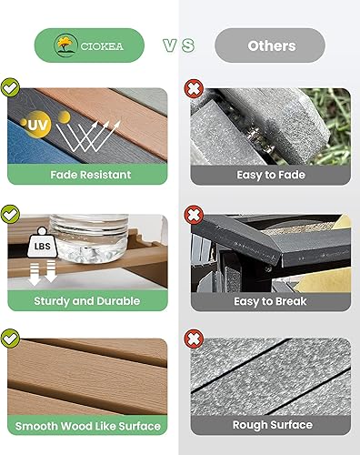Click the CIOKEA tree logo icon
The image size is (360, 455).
(x=64, y=45)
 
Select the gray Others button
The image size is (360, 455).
(x=270, y=45)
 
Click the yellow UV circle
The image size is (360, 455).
(x=36, y=125)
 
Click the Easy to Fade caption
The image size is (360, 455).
(x=270, y=174)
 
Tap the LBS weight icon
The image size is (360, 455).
(x=38, y=247)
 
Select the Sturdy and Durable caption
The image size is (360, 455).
(x=86, y=300)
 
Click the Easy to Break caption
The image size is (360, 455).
(x=270, y=300)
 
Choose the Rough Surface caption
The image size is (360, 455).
(x=270, y=425)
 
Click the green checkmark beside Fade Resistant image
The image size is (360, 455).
(x=11, y=88)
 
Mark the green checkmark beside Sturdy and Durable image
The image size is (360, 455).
(x=11, y=215)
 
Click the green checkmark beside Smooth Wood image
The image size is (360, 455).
(x=11, y=339)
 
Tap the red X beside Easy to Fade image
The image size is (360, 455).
(x=193, y=88)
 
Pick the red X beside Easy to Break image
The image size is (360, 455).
(x=193, y=215)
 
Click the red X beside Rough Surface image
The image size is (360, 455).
(x=193, y=339)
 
